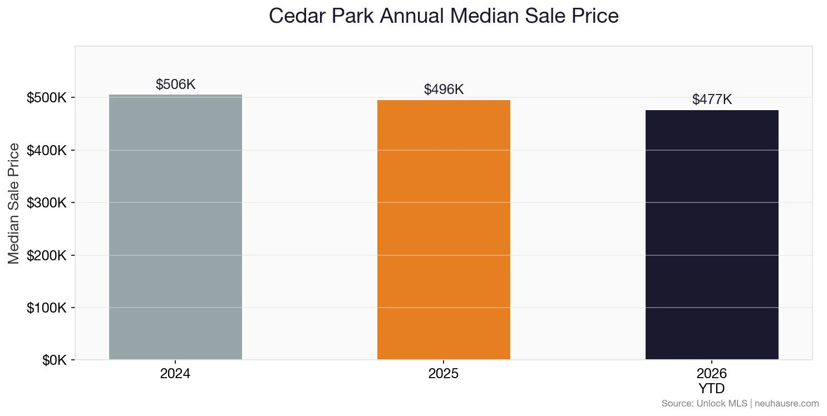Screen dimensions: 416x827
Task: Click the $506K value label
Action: coord(175,85)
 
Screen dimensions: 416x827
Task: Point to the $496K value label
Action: coord(444,90)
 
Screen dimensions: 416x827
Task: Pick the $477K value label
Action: coord(712,100)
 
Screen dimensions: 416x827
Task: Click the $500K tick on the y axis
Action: coord(47,98)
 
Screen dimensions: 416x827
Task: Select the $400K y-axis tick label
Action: coord(47,151)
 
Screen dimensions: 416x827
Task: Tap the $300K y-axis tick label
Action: coord(47,203)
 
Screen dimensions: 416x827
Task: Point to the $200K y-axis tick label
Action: coord(47,256)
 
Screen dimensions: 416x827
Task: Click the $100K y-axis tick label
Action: coord(47,308)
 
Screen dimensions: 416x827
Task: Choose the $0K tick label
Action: coord(54,360)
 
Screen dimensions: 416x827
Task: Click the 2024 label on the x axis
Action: coord(175,374)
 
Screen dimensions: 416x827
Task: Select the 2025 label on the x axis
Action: coord(444,374)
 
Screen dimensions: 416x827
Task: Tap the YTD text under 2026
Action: coord(712,388)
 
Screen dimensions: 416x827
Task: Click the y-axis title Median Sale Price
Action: coord(14,203)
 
